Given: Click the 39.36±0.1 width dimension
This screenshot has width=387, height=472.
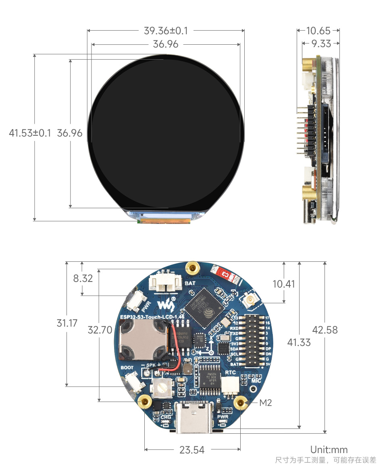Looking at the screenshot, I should (166, 31).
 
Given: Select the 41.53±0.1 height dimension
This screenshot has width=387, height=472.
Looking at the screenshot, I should (30, 133).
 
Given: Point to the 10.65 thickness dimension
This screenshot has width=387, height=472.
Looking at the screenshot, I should (318, 31).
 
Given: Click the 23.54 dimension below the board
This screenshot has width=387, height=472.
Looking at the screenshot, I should (192, 450).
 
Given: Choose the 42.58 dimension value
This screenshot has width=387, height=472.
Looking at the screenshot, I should (325, 329).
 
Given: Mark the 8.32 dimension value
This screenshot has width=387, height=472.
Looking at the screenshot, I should (83, 278).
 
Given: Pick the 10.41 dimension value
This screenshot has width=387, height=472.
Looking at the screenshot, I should (284, 284).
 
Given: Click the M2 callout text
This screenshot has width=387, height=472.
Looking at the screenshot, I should (266, 402).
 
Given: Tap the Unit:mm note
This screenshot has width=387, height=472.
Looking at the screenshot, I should (329, 450).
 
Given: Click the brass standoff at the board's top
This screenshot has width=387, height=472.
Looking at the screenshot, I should (193, 267).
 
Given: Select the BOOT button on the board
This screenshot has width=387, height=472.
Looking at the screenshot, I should (134, 381).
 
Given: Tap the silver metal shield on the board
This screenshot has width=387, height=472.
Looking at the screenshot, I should (143, 342).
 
